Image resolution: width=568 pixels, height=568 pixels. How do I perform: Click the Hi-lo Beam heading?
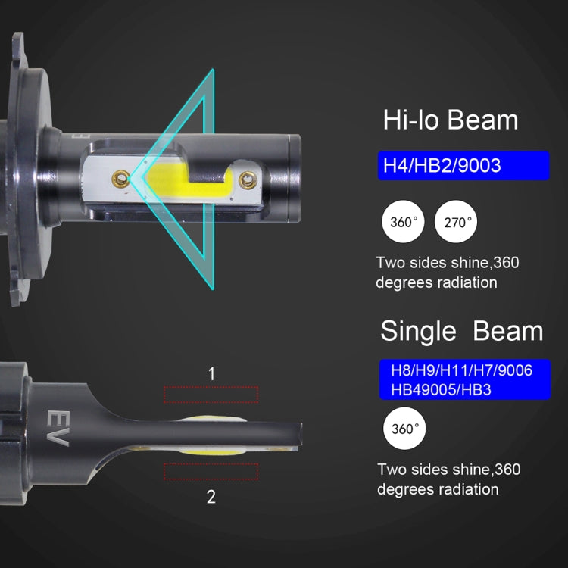(451, 120)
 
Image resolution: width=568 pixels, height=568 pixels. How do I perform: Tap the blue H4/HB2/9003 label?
(463, 166)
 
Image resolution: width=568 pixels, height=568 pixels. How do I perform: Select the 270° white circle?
(456, 222)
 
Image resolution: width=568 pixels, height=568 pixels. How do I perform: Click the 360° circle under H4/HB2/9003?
(403, 222)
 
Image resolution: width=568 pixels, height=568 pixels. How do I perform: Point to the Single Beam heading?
(462, 331)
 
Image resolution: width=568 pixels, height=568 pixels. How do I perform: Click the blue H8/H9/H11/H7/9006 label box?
(465, 379)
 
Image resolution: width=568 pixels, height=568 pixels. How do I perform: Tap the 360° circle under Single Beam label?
(404, 429)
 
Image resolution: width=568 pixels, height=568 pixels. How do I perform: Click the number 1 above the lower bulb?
(212, 374)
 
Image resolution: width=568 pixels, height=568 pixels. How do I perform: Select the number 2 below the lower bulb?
(211, 497)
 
